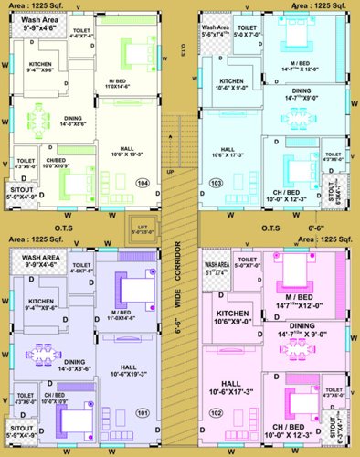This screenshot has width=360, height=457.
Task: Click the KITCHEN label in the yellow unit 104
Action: click(x=44, y=65)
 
